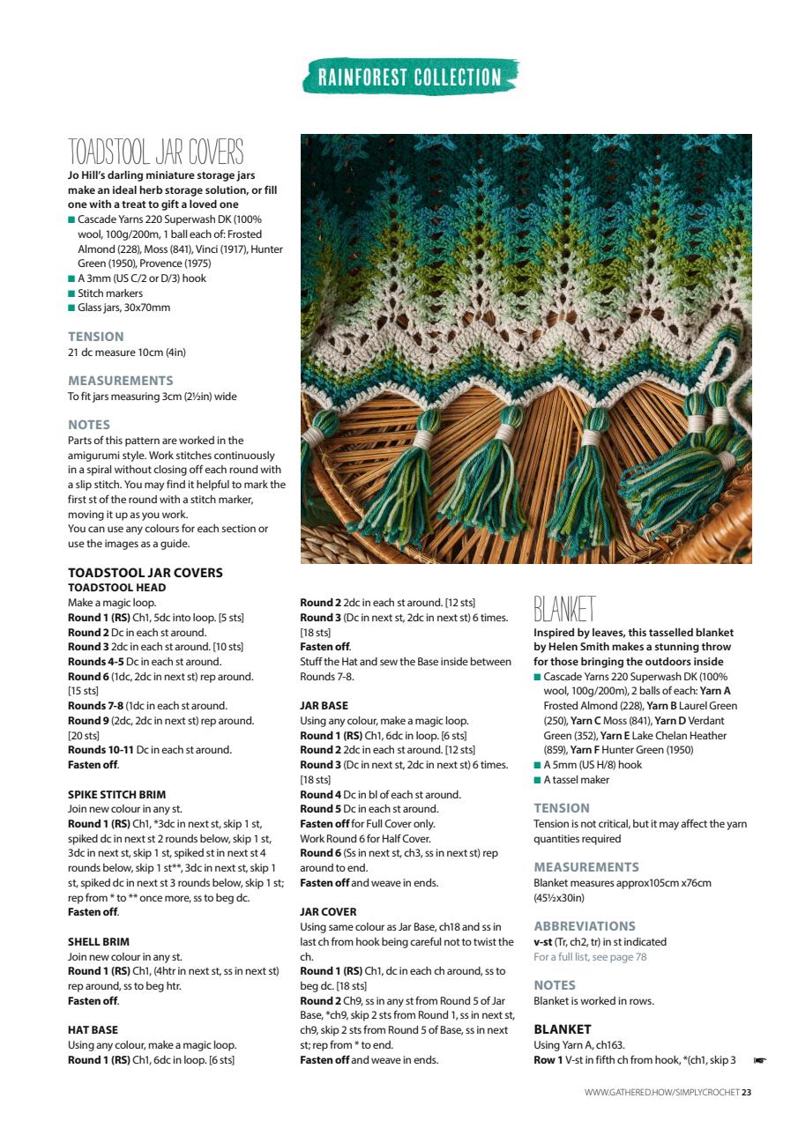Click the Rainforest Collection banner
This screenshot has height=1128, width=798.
point(409,77)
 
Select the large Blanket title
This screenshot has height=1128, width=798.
point(564,609)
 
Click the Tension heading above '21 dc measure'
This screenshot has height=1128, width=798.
point(96,337)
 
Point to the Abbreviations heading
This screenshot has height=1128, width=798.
point(584,926)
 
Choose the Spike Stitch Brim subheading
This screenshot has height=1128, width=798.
point(116,794)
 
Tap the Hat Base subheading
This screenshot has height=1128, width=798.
point(93,1029)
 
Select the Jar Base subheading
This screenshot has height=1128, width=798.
point(324,706)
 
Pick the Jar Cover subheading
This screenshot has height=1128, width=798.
point(328,912)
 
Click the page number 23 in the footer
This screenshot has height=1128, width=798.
point(746,1094)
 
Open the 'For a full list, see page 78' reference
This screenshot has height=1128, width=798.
point(590,956)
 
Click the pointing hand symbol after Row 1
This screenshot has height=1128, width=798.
point(759,1060)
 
